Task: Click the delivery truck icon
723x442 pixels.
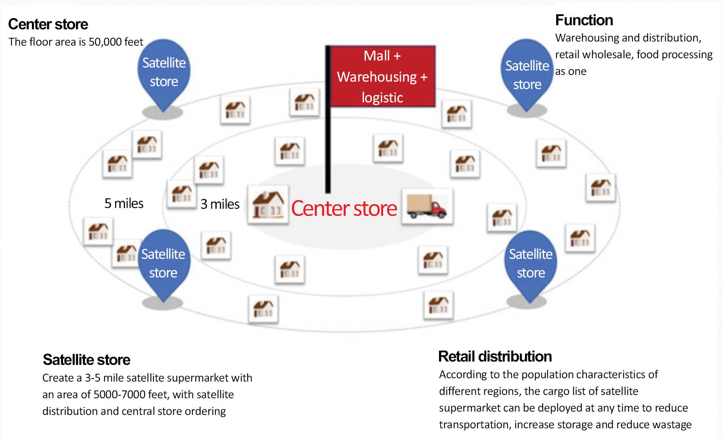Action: tap(427, 207)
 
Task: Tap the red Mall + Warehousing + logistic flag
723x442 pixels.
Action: tap(383, 76)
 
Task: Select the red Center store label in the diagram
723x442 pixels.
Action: tap(344, 208)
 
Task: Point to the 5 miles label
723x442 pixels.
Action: tap(124, 203)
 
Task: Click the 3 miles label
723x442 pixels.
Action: tap(220, 204)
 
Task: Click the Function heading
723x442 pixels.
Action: tap(584, 20)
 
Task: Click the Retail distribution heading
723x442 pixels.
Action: tap(495, 356)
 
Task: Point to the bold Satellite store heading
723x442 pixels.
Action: tap(86, 360)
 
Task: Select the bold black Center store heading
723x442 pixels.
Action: tap(48, 24)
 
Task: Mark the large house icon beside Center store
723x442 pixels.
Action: tap(268, 205)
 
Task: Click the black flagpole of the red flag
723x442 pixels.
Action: tap(328, 119)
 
